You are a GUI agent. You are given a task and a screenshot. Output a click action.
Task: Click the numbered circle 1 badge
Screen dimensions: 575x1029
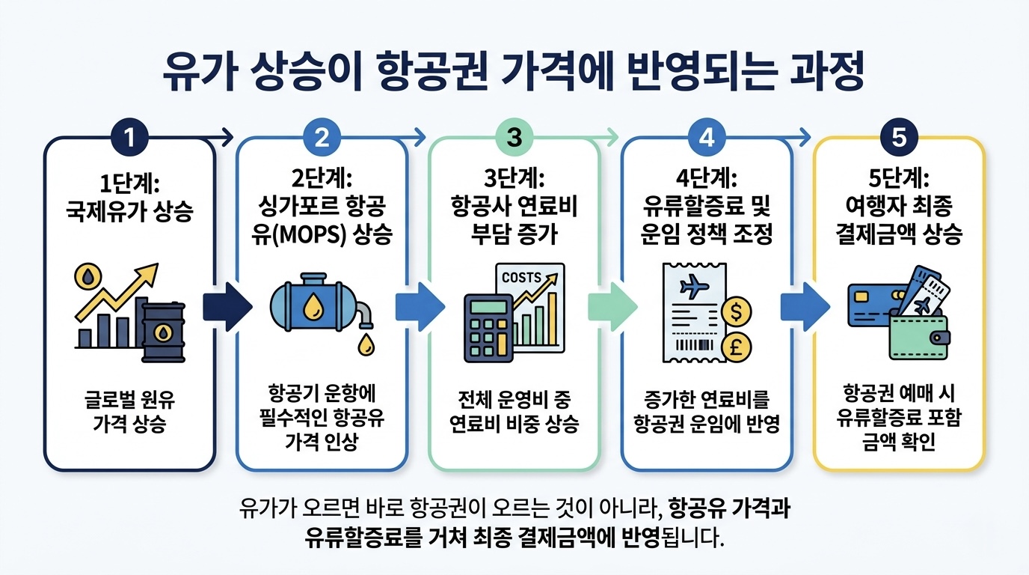[x=129, y=137]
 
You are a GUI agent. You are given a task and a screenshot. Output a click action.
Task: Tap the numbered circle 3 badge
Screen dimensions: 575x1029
[x=514, y=137]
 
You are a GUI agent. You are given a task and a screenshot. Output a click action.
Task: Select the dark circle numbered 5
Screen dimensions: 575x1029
[x=899, y=137]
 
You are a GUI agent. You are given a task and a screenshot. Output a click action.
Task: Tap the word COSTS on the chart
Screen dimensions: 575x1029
[x=521, y=278]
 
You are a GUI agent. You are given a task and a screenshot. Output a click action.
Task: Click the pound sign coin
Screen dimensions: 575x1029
[x=736, y=346]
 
